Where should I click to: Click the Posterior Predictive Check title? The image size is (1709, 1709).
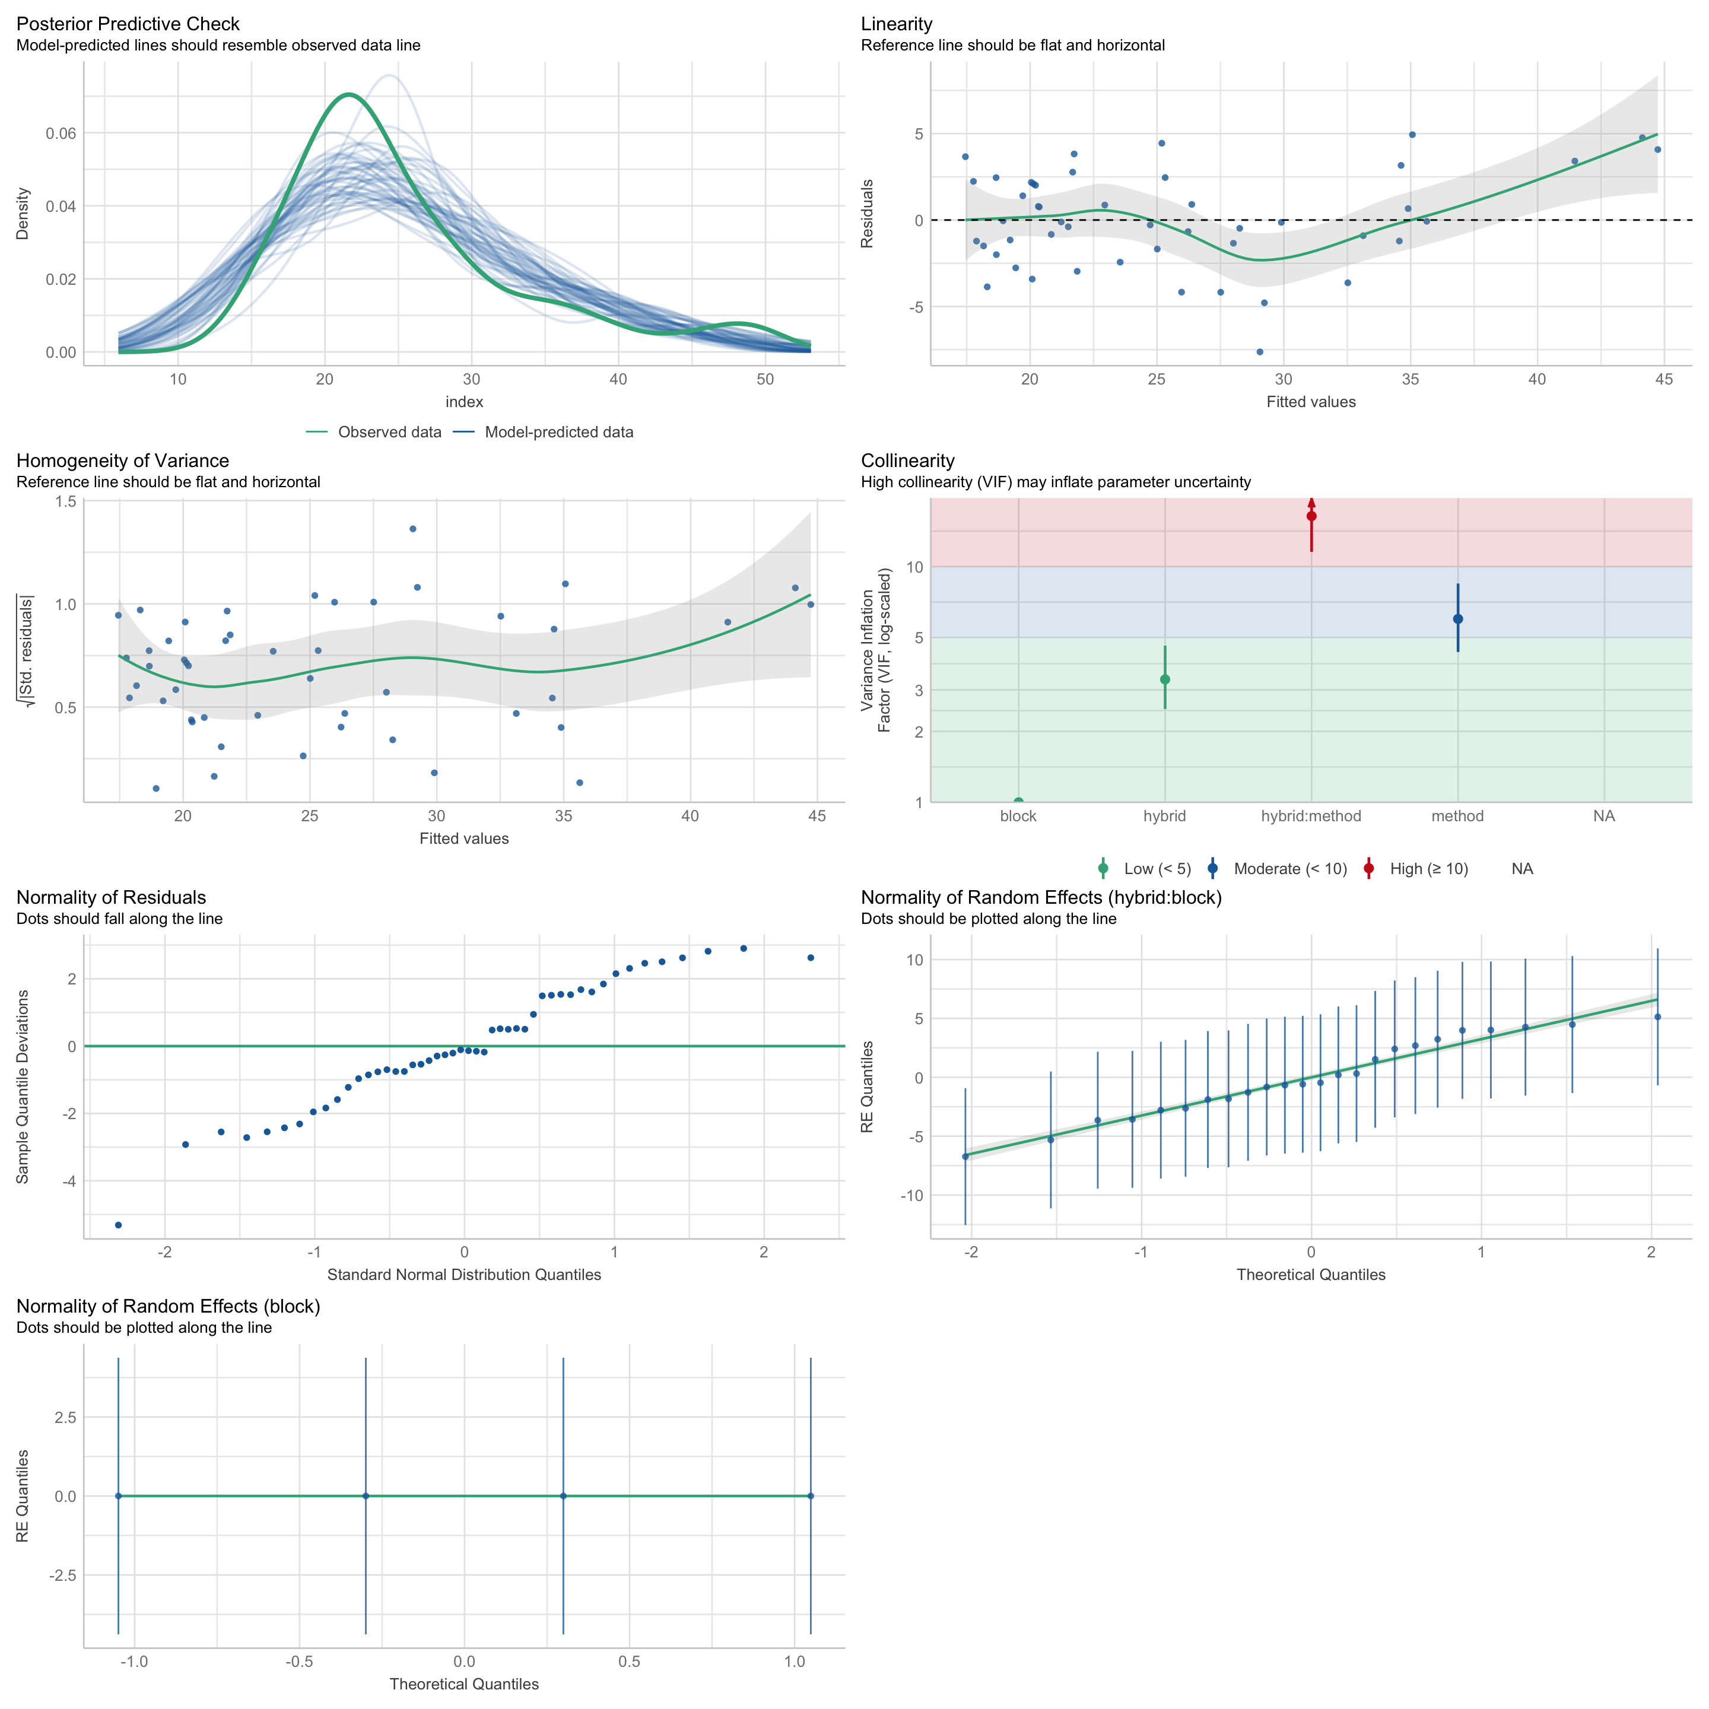(128, 24)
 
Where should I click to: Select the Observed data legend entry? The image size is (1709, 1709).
(389, 433)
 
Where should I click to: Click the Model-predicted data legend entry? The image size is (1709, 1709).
(558, 433)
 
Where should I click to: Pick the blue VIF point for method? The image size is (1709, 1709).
(1458, 619)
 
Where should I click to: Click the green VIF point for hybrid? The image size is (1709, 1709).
(1165, 679)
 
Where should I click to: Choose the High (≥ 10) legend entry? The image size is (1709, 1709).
(1428, 869)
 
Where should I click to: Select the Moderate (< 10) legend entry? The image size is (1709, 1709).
(1289, 869)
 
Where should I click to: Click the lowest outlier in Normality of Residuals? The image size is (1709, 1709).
(119, 1225)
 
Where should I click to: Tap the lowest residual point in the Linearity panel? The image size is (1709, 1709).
(1260, 352)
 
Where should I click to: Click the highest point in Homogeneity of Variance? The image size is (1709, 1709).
(413, 529)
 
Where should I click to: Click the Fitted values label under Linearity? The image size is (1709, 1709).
(1311, 402)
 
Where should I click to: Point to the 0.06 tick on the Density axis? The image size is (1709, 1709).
(61, 134)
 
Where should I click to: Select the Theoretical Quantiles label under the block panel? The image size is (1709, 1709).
(465, 1684)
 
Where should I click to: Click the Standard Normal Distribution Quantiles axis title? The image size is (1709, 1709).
(465, 1275)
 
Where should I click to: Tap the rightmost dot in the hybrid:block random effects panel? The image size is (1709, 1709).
(1658, 1017)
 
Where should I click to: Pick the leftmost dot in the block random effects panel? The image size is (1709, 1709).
(119, 1496)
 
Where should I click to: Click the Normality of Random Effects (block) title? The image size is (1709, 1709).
(168, 1307)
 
